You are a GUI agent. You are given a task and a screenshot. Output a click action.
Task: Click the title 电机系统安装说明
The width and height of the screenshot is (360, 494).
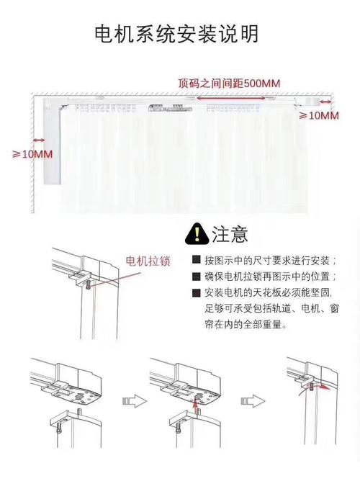[177, 33]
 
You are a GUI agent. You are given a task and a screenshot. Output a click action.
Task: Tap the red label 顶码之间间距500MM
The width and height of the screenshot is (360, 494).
[229, 82]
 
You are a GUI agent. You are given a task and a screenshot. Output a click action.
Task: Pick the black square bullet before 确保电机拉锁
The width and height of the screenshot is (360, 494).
[196, 277]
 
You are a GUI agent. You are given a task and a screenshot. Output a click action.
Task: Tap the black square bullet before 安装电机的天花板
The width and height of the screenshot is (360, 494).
[196, 293]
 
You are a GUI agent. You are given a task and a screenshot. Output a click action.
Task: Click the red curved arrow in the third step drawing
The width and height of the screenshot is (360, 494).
[324, 387]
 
